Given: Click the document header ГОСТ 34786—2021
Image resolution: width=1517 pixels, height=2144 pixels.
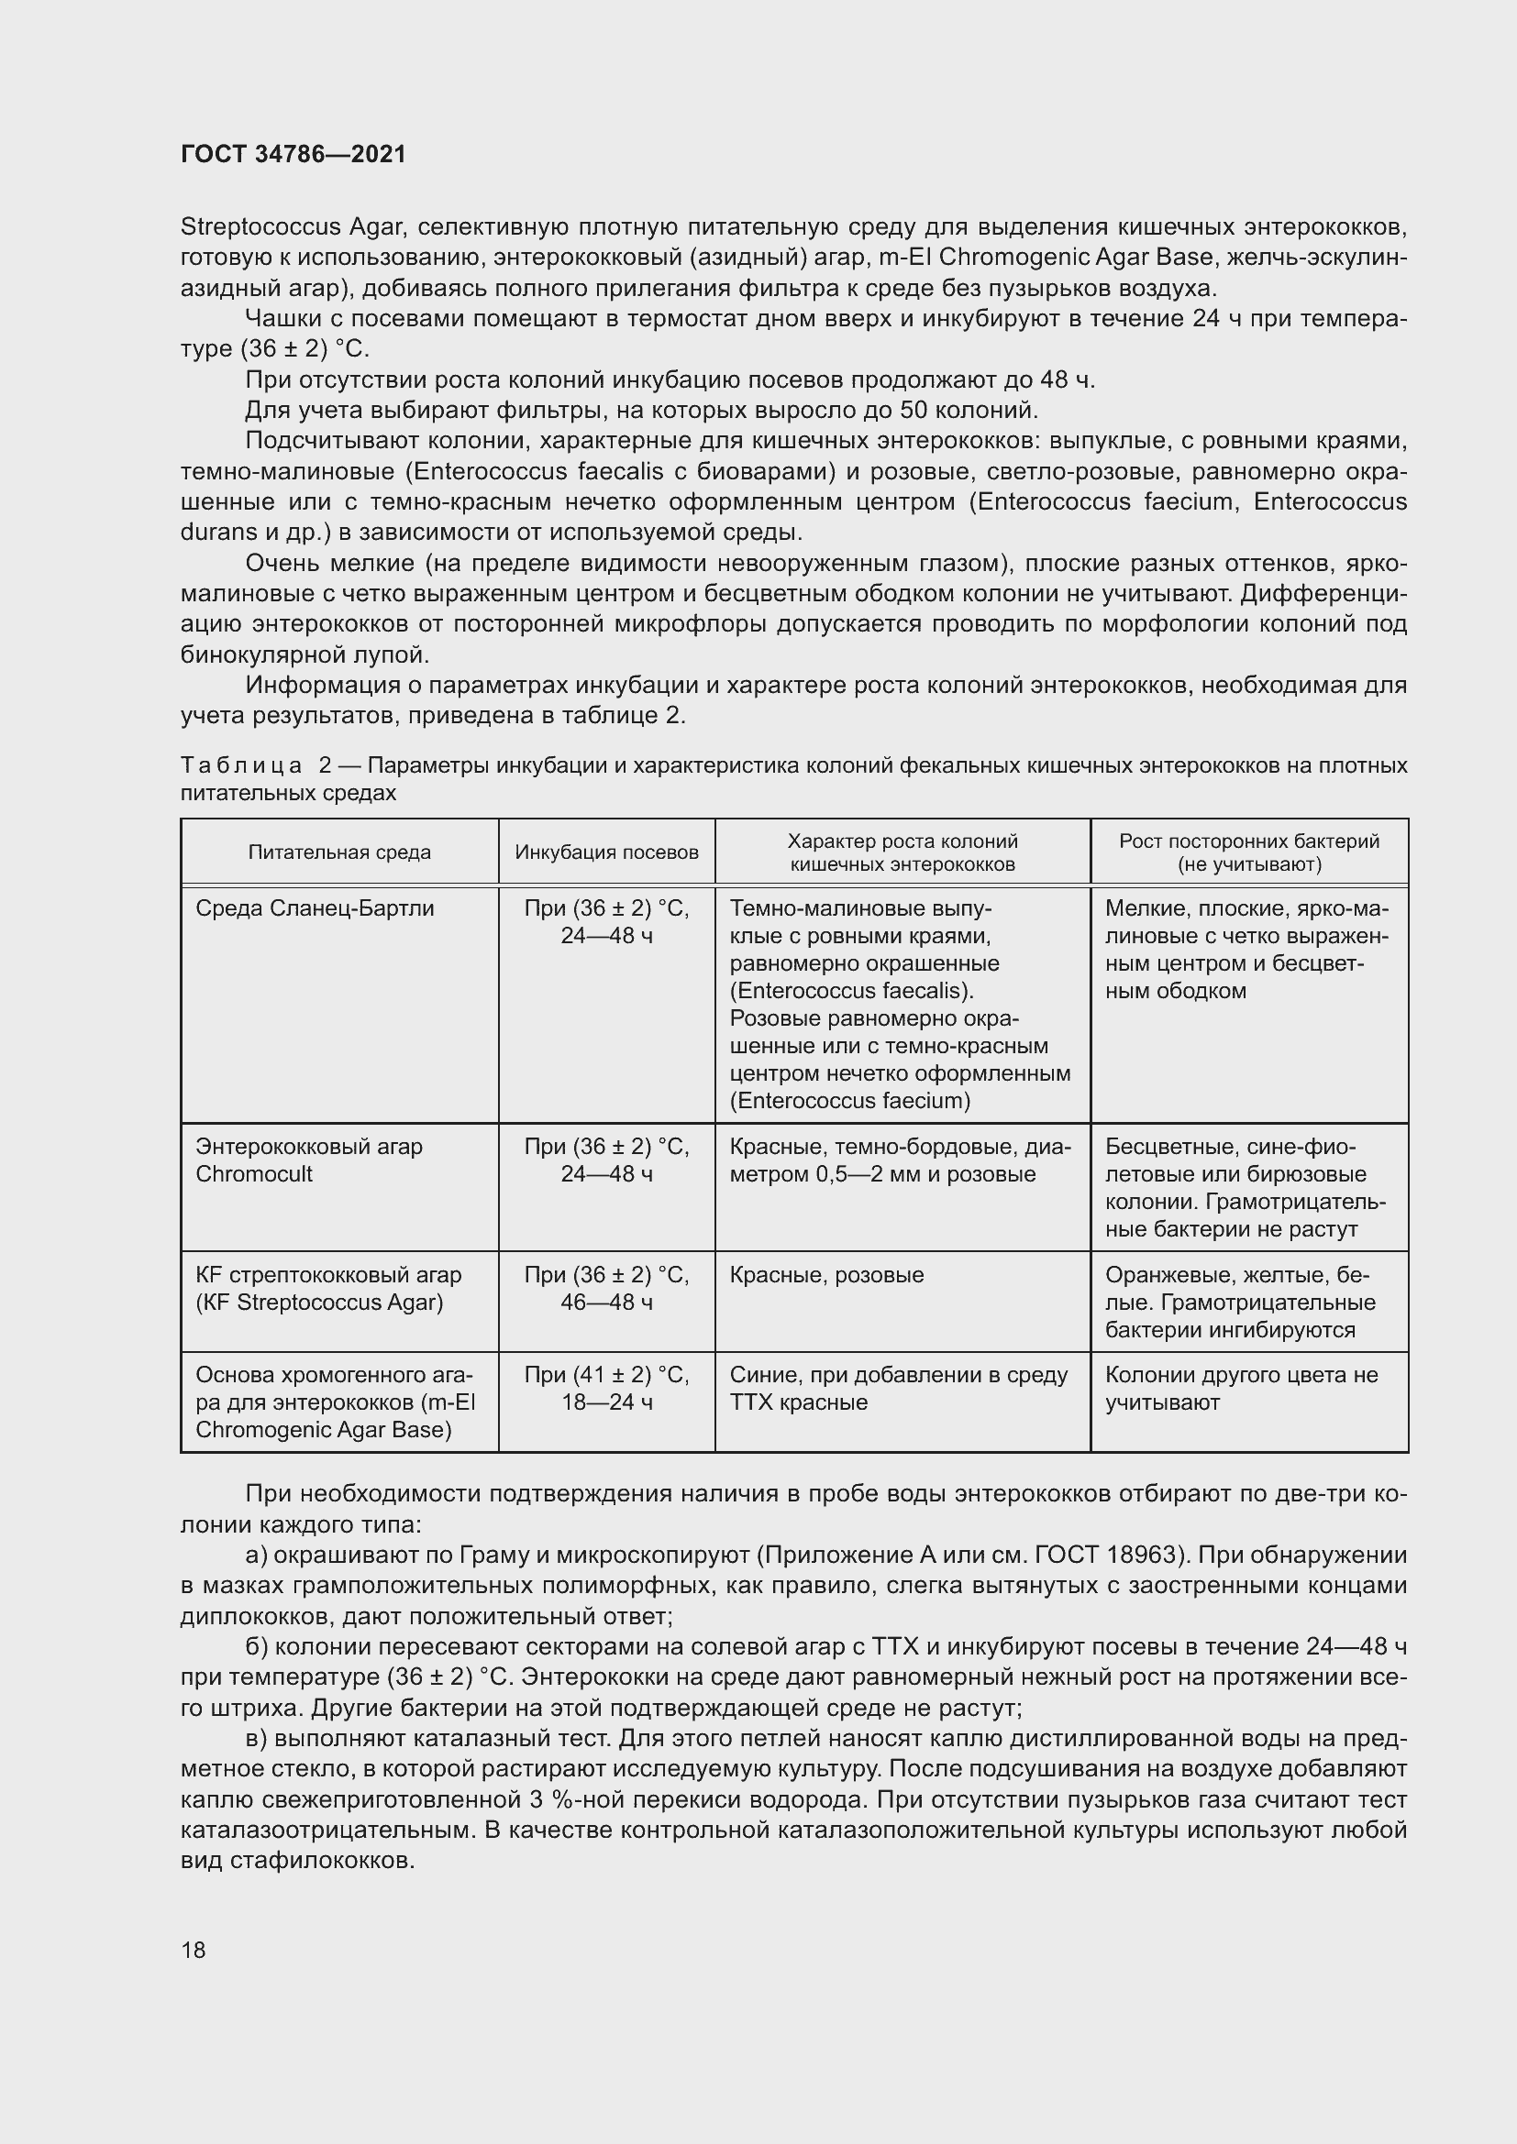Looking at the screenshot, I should [293, 154].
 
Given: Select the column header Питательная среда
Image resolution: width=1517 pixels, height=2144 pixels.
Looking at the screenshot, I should [339, 852].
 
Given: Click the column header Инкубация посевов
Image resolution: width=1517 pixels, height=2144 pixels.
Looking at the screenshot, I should [606, 852].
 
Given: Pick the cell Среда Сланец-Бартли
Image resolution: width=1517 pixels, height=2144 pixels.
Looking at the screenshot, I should [315, 907].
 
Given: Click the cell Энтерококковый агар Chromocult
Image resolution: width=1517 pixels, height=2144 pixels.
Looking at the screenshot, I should [309, 1160].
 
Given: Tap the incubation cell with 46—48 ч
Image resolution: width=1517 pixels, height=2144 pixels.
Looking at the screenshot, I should [606, 1302].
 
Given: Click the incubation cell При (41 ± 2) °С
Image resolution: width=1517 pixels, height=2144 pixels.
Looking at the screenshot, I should [606, 1375].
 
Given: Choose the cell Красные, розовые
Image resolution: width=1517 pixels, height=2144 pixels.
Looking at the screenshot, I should [826, 1275].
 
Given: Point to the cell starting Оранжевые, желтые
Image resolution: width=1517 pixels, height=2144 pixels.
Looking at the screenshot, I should [1240, 1302].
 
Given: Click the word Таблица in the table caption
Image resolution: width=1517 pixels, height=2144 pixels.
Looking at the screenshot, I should [241, 765].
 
